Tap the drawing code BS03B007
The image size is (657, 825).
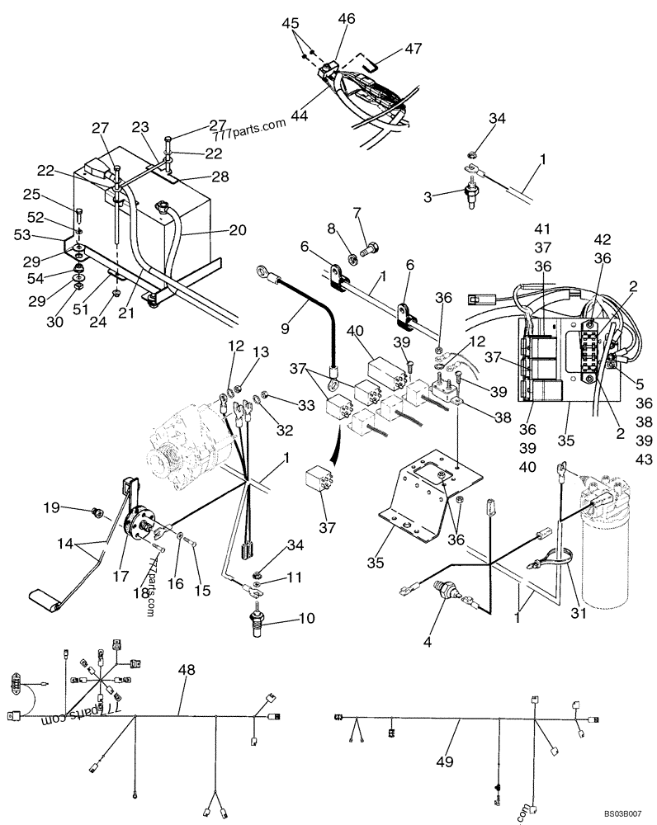tap(625, 813)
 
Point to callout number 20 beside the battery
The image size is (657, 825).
tap(237, 230)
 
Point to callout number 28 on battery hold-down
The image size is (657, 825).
tap(220, 177)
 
